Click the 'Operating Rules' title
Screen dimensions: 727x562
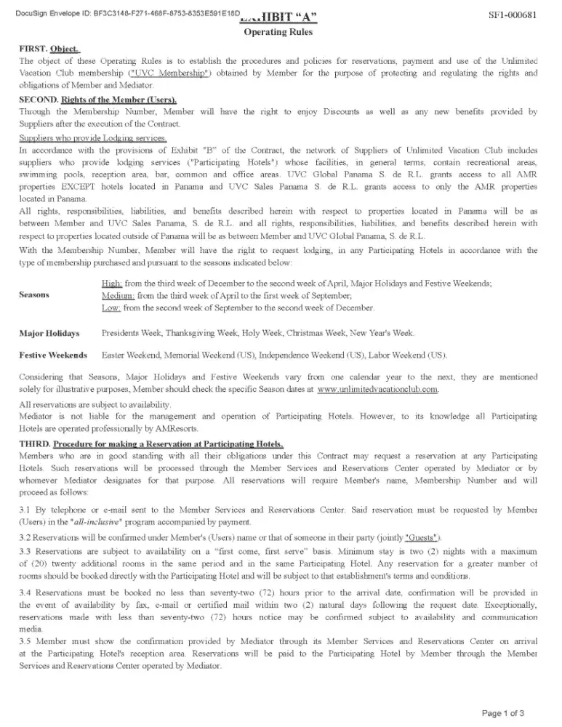click(x=278, y=32)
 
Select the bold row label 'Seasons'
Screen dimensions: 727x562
click(x=34, y=294)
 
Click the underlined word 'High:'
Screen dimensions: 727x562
click(x=112, y=282)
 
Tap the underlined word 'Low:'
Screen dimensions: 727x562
click(x=111, y=308)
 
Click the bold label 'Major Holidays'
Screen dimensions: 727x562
click(x=49, y=333)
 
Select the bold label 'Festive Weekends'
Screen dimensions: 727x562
click(x=53, y=355)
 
